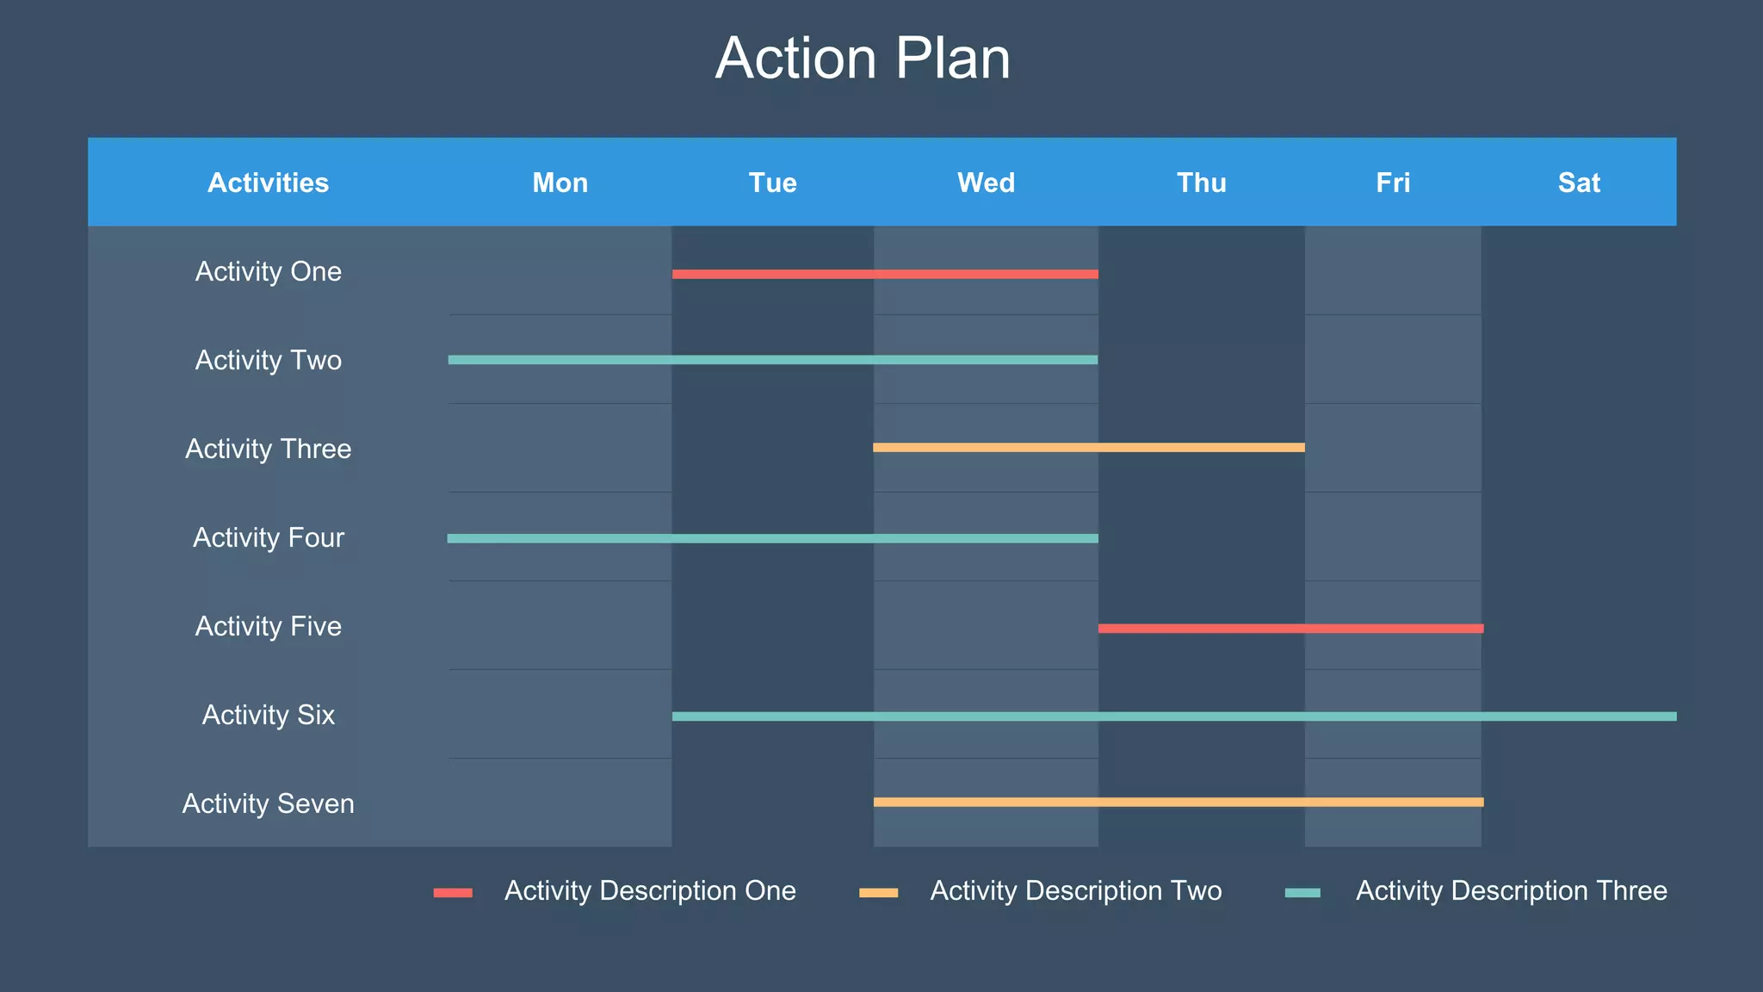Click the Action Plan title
(863, 59)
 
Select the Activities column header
(268, 183)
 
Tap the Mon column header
(560, 183)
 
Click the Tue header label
(772, 183)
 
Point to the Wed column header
(986, 183)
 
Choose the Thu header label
(1201, 183)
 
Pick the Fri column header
(1393, 183)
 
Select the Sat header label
(1579, 183)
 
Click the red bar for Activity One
(885, 274)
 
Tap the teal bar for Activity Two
(772, 360)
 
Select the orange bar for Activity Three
(1089, 448)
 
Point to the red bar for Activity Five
(1290, 629)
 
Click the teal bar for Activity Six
(1174, 716)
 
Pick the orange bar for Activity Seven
(1178, 803)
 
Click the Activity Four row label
(268, 537)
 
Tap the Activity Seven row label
(268, 803)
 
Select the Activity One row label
(268, 271)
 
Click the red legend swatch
(453, 893)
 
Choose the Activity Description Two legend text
(1075, 890)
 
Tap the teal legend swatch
(1302, 893)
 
